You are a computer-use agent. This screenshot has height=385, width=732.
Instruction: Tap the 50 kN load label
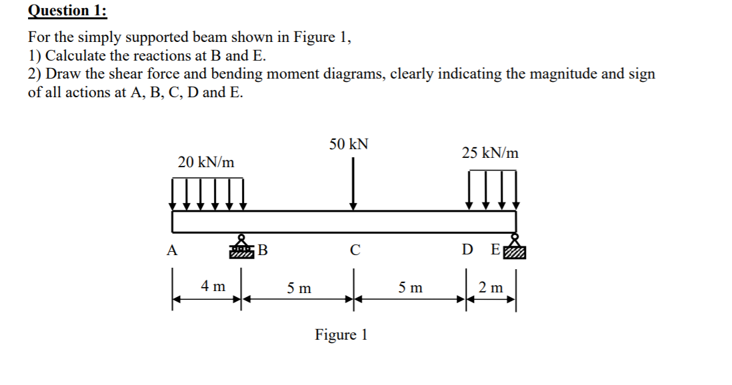349,145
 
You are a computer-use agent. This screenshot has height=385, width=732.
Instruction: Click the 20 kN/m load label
207,162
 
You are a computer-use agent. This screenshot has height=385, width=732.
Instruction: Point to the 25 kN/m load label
490,153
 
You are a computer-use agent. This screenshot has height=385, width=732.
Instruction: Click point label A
172,251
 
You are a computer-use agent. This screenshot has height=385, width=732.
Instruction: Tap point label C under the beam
355,251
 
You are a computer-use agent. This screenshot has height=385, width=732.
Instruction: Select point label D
468,251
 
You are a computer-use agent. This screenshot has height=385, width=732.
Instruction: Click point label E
494,251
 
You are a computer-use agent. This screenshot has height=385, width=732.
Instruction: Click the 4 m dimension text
213,286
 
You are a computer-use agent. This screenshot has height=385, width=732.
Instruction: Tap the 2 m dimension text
492,288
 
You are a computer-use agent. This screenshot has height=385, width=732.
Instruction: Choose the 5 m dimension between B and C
299,288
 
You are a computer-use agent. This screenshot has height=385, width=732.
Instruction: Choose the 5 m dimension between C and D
410,288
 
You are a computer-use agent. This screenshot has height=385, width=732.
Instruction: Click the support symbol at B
241,248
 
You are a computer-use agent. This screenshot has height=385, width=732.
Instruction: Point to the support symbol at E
515,246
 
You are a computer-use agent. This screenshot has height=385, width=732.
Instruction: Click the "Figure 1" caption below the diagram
341,334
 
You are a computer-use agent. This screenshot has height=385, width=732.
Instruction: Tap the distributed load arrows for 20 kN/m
209,193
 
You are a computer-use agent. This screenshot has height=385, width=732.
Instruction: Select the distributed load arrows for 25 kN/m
493,189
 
